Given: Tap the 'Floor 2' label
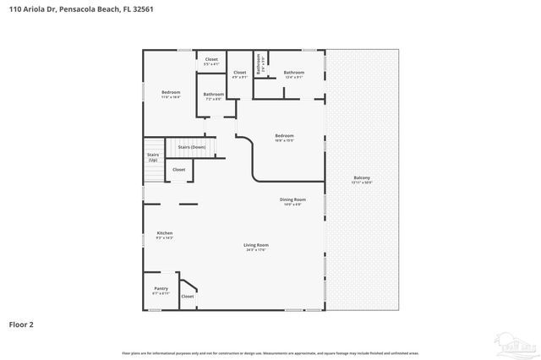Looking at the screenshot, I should point(22,324).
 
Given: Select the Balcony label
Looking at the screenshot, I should point(361,179).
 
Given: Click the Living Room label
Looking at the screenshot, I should point(256,247).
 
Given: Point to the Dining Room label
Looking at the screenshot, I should point(292,201).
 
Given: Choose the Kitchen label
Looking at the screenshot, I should point(164,235).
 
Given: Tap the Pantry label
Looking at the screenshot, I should point(161,291).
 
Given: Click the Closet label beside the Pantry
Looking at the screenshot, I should point(188,296).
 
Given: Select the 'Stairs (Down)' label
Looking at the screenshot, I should point(191,147).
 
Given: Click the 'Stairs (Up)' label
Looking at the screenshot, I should point(153,157).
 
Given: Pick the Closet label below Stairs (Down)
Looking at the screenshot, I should point(179,170).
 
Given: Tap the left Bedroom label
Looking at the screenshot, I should point(172,93).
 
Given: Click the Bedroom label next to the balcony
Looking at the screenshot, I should point(284,137).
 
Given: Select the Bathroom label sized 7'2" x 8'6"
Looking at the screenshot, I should point(214,95).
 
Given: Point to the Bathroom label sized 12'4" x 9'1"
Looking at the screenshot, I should point(293,74).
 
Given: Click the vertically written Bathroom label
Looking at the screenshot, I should point(260,63).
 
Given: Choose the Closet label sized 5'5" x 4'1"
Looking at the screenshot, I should point(211,61).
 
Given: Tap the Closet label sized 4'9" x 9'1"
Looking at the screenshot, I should point(239,74).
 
